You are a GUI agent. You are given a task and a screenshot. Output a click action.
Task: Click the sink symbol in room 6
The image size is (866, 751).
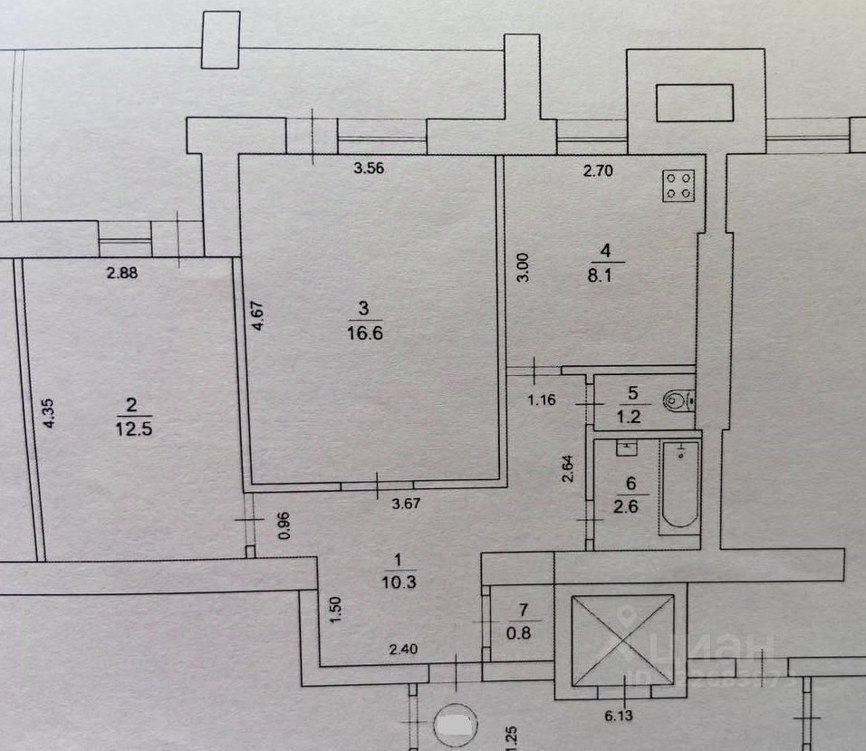click(x=626, y=447)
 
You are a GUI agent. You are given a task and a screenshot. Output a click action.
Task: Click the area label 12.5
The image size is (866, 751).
click(x=133, y=428)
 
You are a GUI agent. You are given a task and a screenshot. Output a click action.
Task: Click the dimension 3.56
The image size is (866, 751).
click(x=370, y=168)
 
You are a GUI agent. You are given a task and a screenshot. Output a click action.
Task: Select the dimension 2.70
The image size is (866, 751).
click(x=599, y=168)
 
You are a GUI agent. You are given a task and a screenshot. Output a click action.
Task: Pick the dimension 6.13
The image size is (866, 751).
click(x=621, y=715)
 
